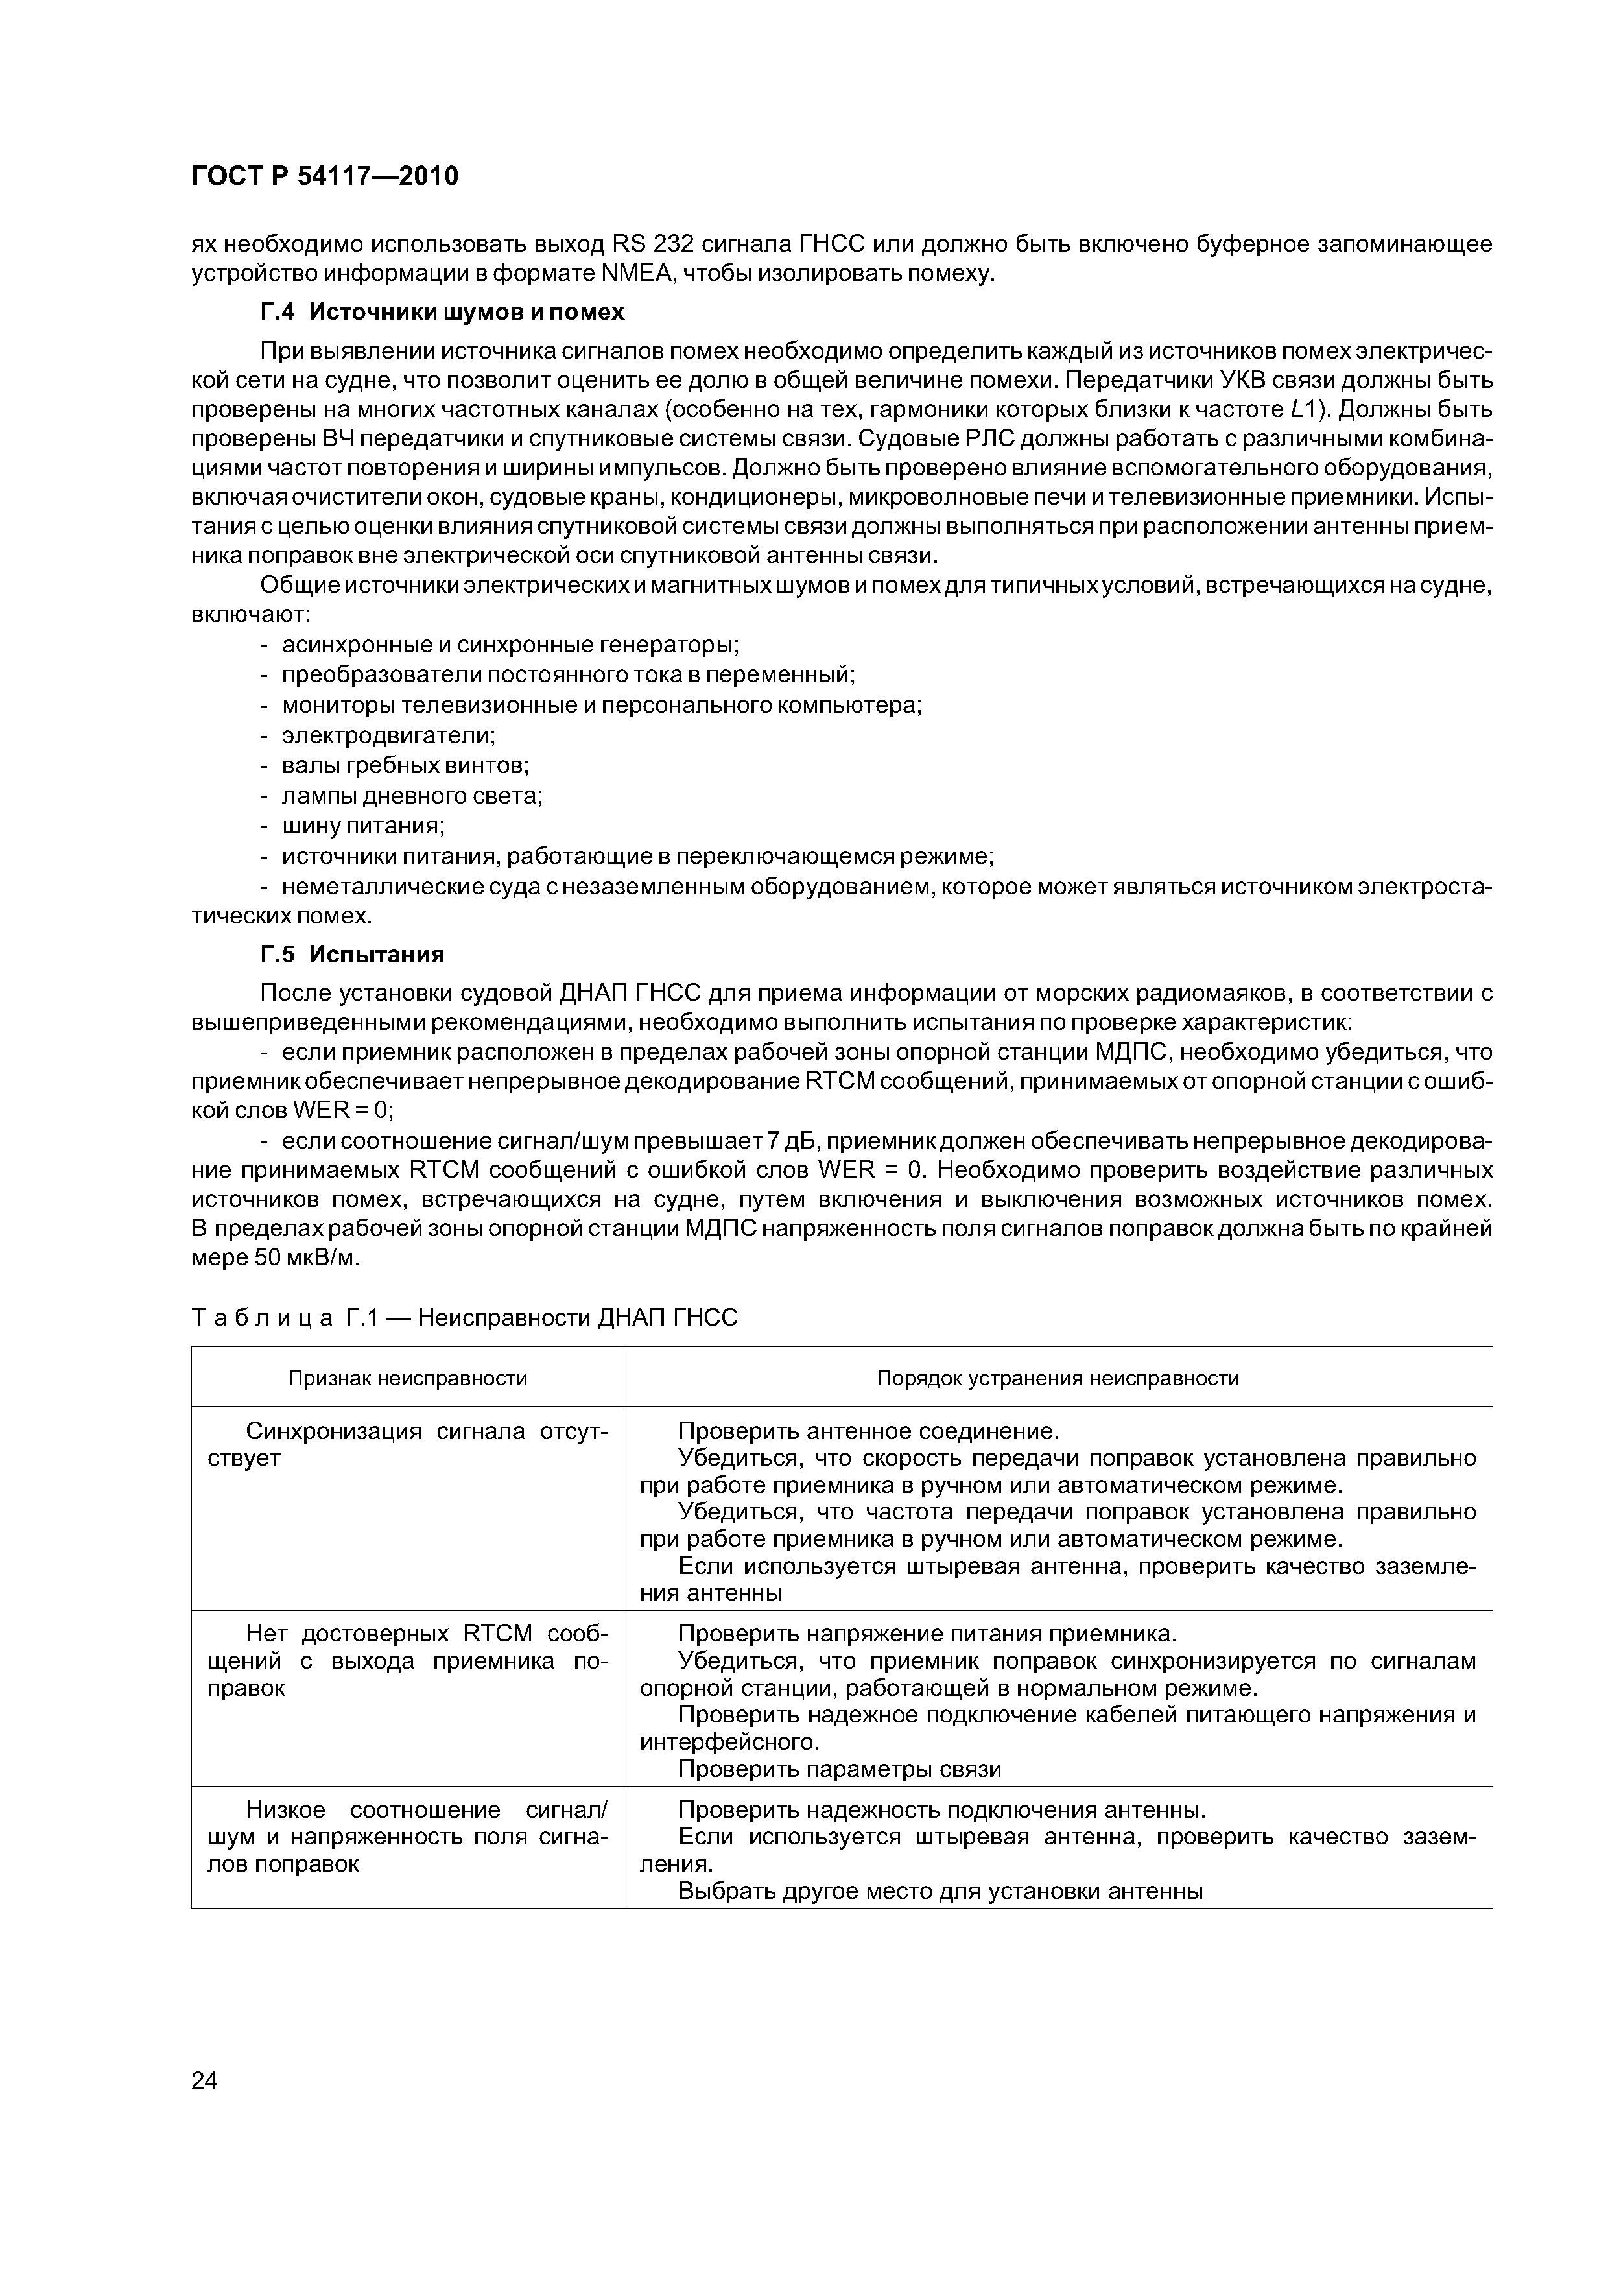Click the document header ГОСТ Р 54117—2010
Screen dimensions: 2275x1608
[324, 176]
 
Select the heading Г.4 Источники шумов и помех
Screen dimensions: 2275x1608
[442, 312]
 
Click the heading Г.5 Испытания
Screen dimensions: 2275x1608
[351, 954]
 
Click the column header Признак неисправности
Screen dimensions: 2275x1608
[407, 1378]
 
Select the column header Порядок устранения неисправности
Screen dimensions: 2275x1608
[1057, 1378]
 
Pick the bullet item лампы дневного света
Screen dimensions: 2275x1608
[412, 796]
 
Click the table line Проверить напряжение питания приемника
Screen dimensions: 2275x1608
[927, 1634]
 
